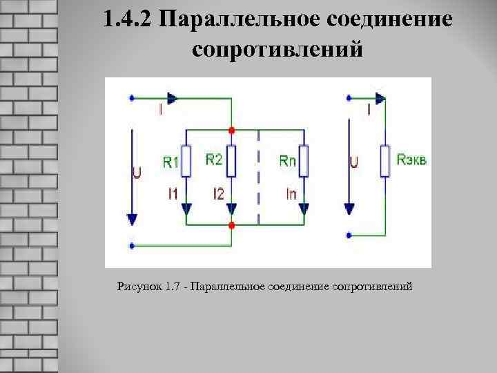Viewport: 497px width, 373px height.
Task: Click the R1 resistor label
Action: tap(171, 163)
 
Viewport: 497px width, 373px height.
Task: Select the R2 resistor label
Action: tap(213, 160)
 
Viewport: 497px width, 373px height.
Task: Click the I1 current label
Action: tap(173, 194)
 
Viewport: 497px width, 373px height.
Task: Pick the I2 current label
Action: tap(218, 194)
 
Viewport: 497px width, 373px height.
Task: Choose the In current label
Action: tap(291, 194)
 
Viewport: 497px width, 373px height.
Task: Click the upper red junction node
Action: tap(232, 129)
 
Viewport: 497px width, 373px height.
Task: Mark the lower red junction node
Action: tap(232, 225)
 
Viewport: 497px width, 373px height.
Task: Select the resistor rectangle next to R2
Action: tap(232, 162)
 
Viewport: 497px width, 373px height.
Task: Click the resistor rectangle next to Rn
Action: tap(304, 162)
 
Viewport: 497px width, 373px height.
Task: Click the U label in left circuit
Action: tap(137, 173)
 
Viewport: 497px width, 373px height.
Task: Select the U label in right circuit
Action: tap(353, 164)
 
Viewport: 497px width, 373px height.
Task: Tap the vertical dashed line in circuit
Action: tap(258, 177)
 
